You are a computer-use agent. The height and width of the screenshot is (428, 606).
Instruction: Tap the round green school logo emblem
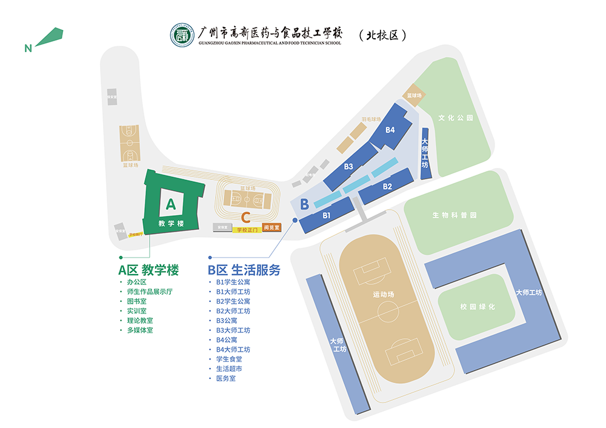(181, 34)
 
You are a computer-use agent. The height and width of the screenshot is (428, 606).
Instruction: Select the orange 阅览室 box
(272, 228)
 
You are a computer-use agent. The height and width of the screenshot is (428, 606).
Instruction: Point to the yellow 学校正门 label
(247, 230)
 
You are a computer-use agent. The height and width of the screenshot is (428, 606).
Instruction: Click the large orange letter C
(246, 216)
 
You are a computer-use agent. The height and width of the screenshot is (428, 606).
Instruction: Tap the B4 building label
(390, 130)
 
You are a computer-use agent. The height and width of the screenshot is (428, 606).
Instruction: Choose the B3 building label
(348, 166)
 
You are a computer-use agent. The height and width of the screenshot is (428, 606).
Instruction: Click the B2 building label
(387, 187)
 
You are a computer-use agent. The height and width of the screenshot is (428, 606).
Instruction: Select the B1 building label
(326, 215)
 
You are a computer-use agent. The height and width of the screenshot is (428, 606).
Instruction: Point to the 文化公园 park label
(455, 118)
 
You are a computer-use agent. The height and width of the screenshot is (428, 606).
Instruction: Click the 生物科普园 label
(454, 215)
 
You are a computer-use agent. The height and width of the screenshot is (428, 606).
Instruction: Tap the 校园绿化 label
(478, 307)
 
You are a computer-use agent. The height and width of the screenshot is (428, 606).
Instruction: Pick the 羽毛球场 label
(371, 119)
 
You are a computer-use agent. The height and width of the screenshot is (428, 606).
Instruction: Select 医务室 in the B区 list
(225, 378)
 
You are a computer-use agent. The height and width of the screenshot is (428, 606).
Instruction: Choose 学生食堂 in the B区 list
(229, 359)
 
